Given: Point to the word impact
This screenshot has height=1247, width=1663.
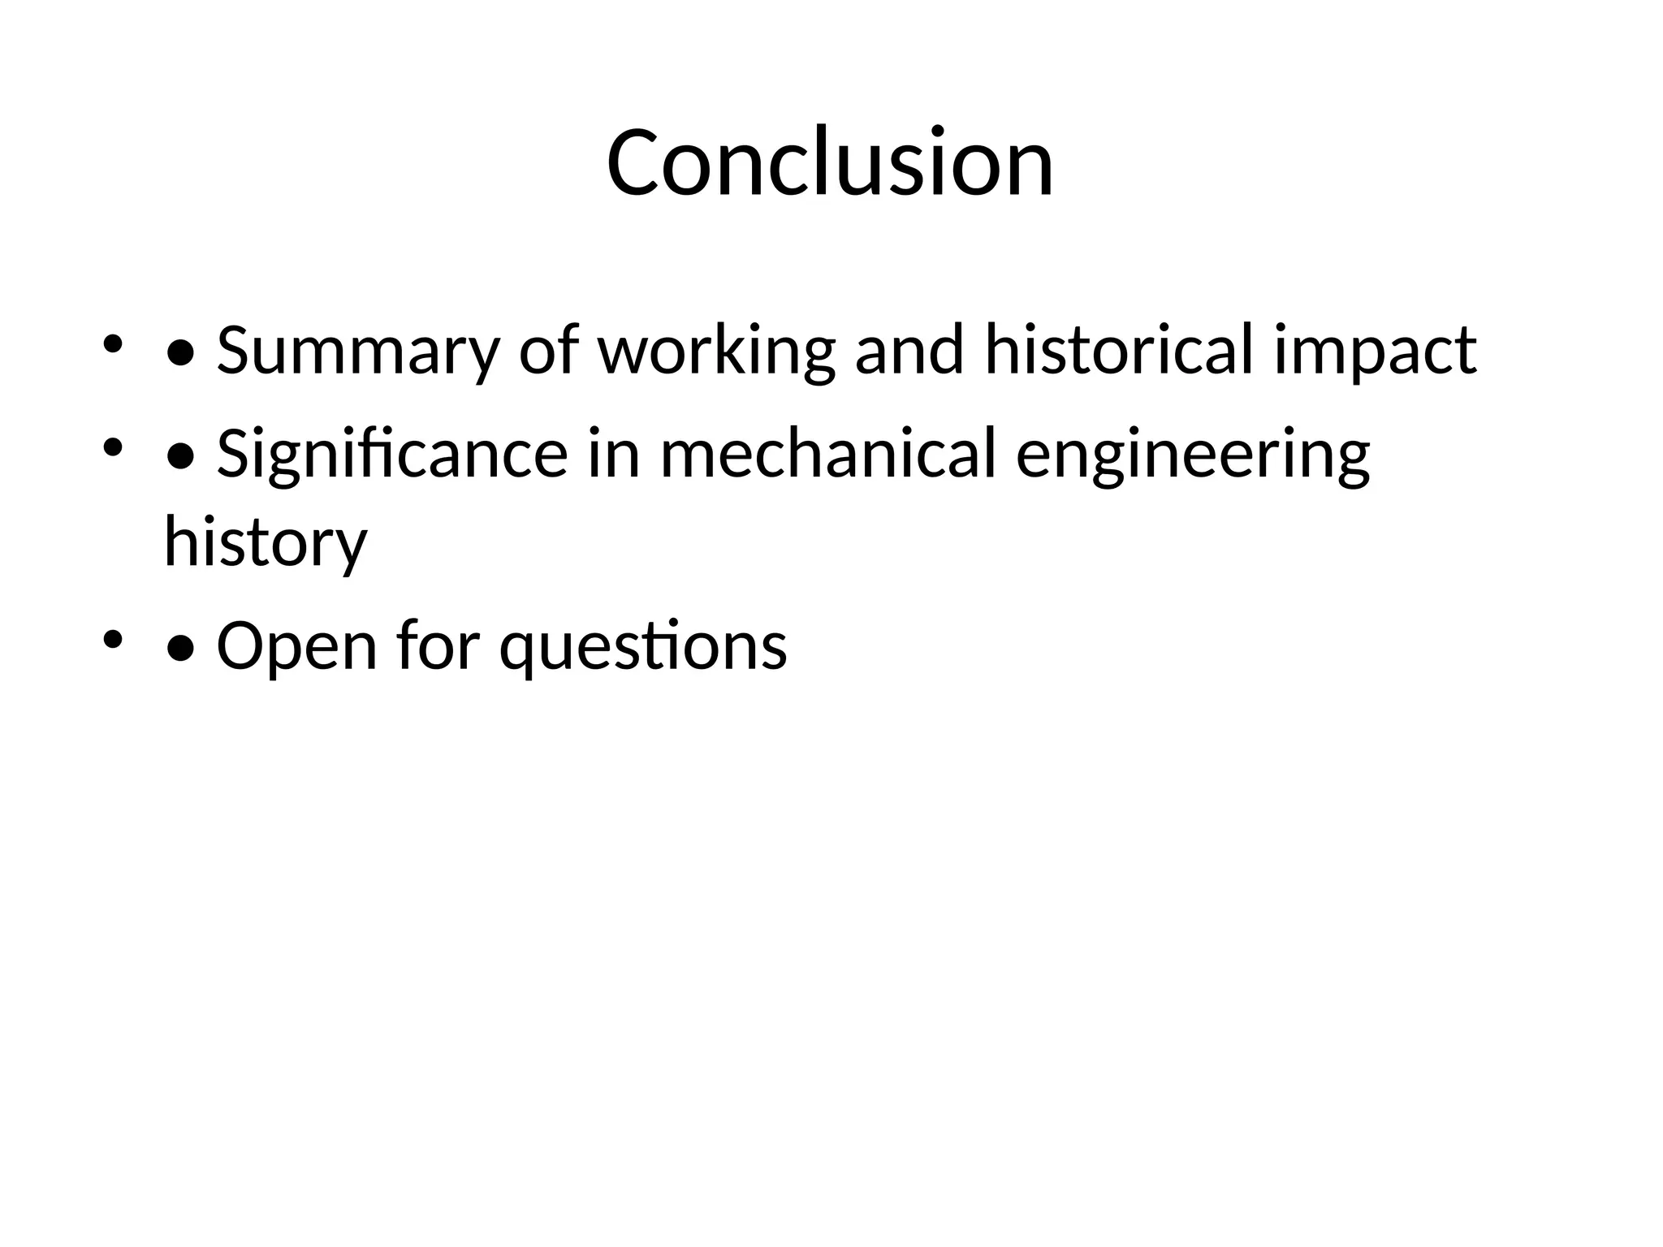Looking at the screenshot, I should tap(1374, 351).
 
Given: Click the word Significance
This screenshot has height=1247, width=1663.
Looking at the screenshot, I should tap(391, 455).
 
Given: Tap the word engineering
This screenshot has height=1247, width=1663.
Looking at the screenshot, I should tap(1193, 455).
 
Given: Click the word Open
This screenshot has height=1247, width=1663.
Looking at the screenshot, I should tap(297, 646).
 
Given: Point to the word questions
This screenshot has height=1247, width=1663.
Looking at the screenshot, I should tap(643, 646).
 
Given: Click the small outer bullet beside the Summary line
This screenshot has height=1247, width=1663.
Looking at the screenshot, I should tap(112, 343).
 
